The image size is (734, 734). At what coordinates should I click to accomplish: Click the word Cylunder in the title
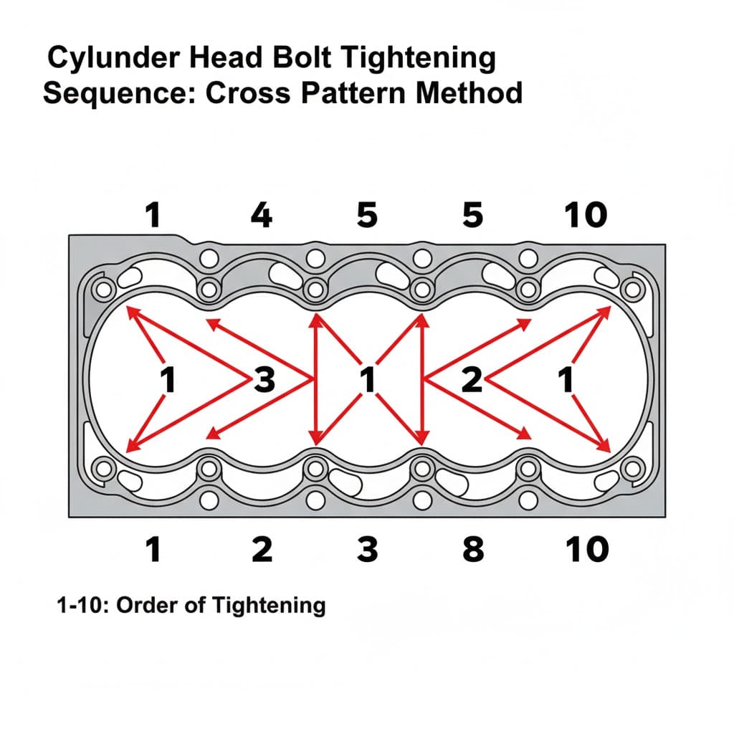114,58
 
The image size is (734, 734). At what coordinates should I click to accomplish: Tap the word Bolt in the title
302,57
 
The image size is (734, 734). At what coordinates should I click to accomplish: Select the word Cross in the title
248,92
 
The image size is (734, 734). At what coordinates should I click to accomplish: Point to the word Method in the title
469,92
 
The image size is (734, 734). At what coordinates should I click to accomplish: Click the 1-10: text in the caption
82,605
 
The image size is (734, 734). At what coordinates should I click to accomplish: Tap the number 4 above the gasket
261,215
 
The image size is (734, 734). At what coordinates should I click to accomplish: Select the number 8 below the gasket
473,549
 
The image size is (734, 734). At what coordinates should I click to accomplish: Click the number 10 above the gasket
586,215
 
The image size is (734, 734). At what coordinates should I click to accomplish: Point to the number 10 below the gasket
587,549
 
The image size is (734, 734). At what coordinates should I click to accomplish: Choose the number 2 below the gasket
262,549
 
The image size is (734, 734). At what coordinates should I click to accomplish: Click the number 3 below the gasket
367,549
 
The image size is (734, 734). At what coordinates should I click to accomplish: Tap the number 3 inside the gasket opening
265,379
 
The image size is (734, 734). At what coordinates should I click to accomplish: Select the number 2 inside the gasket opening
472,379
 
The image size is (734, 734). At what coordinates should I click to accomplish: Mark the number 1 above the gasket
153,215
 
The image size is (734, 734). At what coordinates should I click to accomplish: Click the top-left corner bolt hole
103,290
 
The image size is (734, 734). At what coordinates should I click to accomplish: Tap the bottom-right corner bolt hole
632,468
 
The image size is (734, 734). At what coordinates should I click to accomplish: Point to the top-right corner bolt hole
632,290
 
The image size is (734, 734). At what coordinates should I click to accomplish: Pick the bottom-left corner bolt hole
103,468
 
